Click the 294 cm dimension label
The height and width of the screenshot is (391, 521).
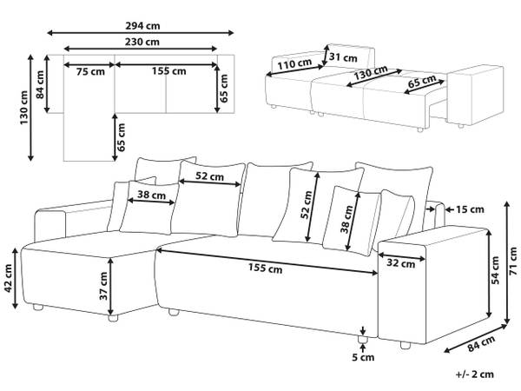(x=142, y=25)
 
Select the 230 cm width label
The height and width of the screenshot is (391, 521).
(x=142, y=42)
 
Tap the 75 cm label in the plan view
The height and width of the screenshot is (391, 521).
(x=90, y=71)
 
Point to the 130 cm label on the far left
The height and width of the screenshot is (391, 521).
(x=24, y=108)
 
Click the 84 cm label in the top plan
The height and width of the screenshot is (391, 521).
(x=40, y=84)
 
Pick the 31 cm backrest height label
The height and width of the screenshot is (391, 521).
(x=343, y=57)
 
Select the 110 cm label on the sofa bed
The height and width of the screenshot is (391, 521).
(x=294, y=63)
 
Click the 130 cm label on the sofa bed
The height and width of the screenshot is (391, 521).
(x=371, y=73)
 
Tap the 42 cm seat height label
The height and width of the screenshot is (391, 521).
(x=9, y=279)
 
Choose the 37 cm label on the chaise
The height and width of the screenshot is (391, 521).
(x=103, y=286)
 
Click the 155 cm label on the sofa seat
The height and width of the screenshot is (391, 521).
(x=266, y=268)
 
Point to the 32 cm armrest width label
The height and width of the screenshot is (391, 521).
(x=401, y=263)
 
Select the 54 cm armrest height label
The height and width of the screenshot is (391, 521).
(x=496, y=270)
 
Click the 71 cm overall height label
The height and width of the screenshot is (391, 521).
(x=514, y=261)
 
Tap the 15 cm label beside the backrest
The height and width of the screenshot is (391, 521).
(x=470, y=209)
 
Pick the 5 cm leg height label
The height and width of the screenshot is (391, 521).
(x=363, y=357)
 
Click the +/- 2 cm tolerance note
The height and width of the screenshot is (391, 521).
(x=474, y=374)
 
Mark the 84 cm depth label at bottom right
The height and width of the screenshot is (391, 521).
(x=481, y=344)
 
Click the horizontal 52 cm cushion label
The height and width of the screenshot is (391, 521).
(x=209, y=176)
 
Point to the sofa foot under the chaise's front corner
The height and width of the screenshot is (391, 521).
(x=113, y=318)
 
